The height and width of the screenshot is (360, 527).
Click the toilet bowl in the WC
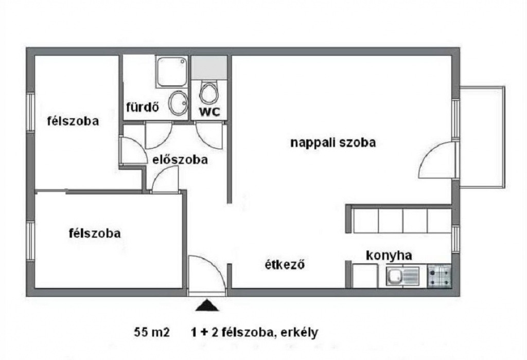pyautogui.click(x=208, y=93)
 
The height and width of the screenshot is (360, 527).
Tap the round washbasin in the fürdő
pyautogui.click(x=178, y=102)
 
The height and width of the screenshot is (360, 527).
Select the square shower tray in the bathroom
pyautogui.click(x=172, y=71)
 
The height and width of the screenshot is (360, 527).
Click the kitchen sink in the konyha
pyautogui.click(x=402, y=277)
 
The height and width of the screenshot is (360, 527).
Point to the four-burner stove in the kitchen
pyautogui.click(x=440, y=276)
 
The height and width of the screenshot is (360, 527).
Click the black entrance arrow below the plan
pyautogui.click(x=207, y=305)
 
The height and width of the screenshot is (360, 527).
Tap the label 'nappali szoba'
pyautogui.click(x=333, y=143)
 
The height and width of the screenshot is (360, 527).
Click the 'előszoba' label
pyautogui.click(x=180, y=159)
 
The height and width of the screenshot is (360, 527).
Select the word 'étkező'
pyautogui.click(x=285, y=265)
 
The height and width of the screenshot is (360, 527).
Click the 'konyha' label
pyautogui.click(x=389, y=256)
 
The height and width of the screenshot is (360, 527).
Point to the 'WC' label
pyautogui.click(x=209, y=112)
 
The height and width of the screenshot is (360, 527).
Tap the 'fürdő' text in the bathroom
pyautogui.click(x=142, y=107)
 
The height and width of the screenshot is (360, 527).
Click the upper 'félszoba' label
pyautogui.click(x=73, y=121)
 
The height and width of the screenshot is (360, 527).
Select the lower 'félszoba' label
pyautogui.click(x=95, y=233)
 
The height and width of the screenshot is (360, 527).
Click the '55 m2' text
pyautogui.click(x=152, y=332)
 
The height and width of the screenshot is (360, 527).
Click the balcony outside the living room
pyautogui.click(x=482, y=137)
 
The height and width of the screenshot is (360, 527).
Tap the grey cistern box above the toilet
pyautogui.click(x=209, y=67)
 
